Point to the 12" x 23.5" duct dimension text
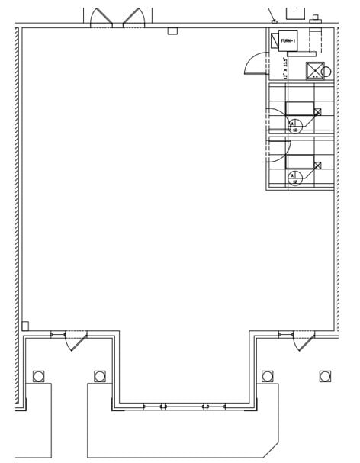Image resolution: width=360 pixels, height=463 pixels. (x=285, y=67)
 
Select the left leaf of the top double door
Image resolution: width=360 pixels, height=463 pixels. (x=101, y=18)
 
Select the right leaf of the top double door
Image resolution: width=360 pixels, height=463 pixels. (x=133, y=18)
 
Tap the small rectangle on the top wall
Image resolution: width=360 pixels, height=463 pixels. (x=172, y=31)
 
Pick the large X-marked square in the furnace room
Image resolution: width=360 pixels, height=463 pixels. (x=313, y=71)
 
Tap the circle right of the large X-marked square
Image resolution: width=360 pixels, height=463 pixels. (x=327, y=72)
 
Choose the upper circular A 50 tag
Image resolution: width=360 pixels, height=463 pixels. (x=295, y=126)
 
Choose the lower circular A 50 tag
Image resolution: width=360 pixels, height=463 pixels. (x=295, y=178)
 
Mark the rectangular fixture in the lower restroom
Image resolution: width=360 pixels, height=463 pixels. (x=299, y=161)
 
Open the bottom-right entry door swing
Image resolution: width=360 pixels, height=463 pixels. (x=303, y=340)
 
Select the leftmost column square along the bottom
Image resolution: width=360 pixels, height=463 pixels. (x=38, y=375)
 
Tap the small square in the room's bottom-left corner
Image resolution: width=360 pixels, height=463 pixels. (x=25, y=326)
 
